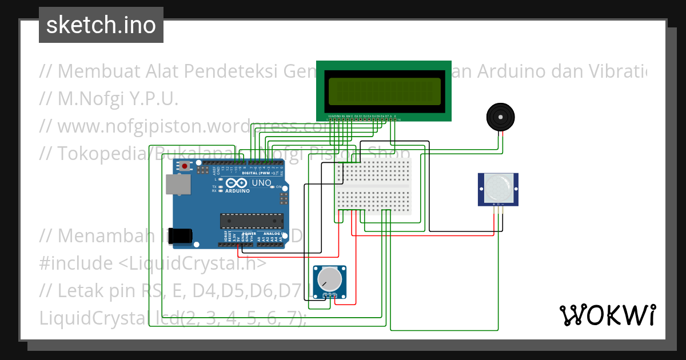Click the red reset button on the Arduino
184,166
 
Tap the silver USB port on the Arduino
178,185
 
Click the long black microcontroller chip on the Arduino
252,221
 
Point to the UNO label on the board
261,183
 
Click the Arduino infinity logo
236,183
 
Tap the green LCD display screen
384,91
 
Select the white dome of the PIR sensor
498,189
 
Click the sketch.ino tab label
101,25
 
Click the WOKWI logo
608,315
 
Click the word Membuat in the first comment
94,71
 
